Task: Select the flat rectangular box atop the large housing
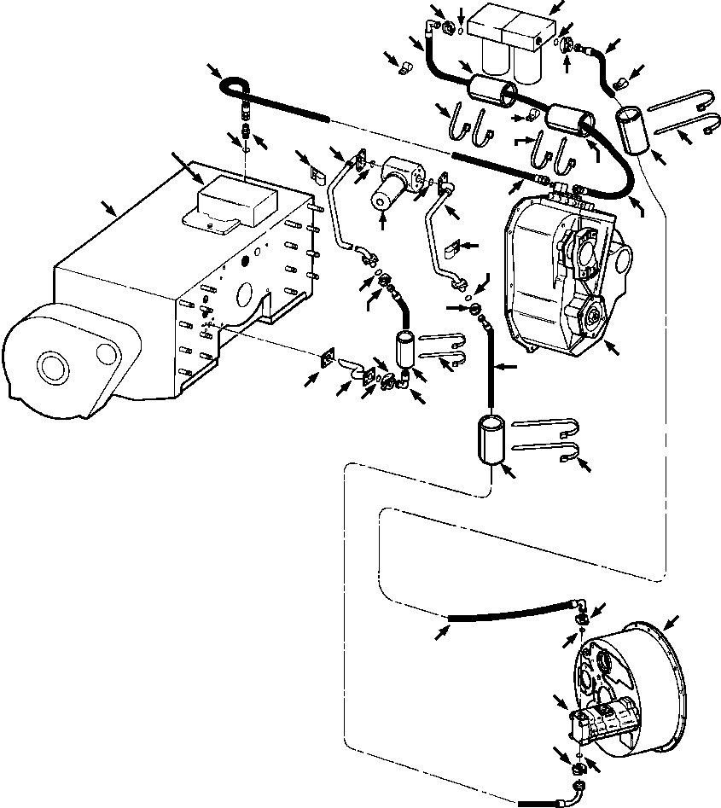point(236,202)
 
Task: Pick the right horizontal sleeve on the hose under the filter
point(567,119)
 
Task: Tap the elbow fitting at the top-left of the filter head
point(443,29)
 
